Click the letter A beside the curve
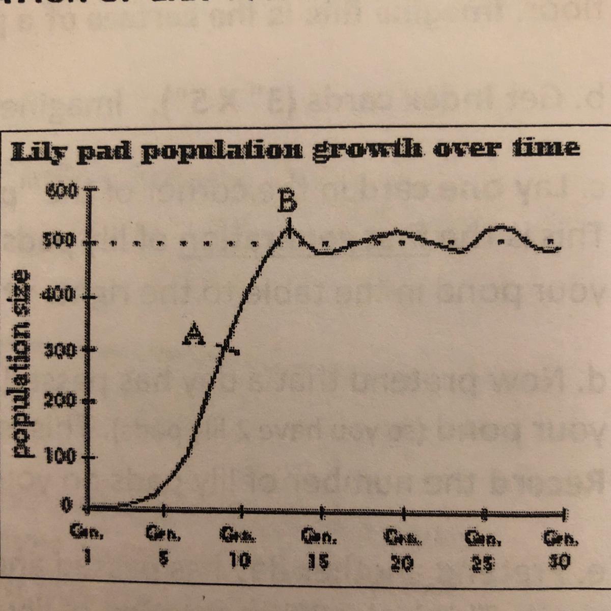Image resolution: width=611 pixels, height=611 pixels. click(x=193, y=334)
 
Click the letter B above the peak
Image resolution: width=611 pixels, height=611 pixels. click(x=288, y=203)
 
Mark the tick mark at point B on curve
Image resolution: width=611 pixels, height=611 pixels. click(x=289, y=228)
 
